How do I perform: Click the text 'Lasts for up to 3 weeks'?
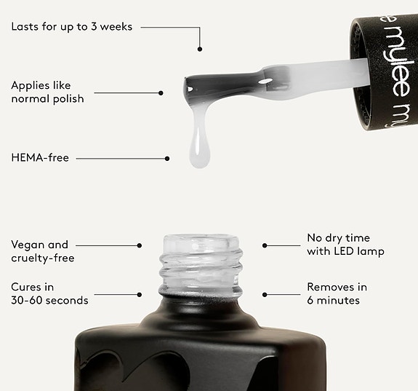(72, 27)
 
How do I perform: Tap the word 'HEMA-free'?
(40, 157)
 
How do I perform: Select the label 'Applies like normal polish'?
(47, 92)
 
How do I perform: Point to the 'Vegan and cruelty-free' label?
(43, 251)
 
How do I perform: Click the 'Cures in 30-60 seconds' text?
(49, 293)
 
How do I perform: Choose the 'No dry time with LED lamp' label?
(345, 245)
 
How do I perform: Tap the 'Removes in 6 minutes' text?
(337, 293)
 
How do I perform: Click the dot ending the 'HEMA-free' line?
(167, 159)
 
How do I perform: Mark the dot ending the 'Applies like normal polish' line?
(161, 93)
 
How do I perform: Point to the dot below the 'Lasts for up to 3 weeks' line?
(200, 49)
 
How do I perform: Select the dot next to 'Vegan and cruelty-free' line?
(139, 245)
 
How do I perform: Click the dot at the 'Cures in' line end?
(139, 295)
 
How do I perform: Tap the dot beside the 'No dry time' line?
(265, 245)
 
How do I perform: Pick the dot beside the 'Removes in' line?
(265, 295)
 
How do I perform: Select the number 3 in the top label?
(94, 27)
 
